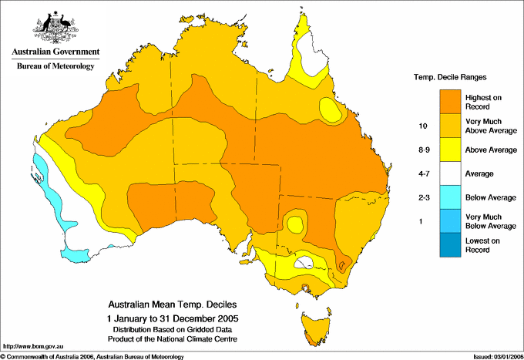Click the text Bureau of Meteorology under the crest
point(55,66)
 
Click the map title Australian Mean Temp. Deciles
point(172,304)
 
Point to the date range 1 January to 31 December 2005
point(172,318)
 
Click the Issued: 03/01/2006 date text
point(493,356)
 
